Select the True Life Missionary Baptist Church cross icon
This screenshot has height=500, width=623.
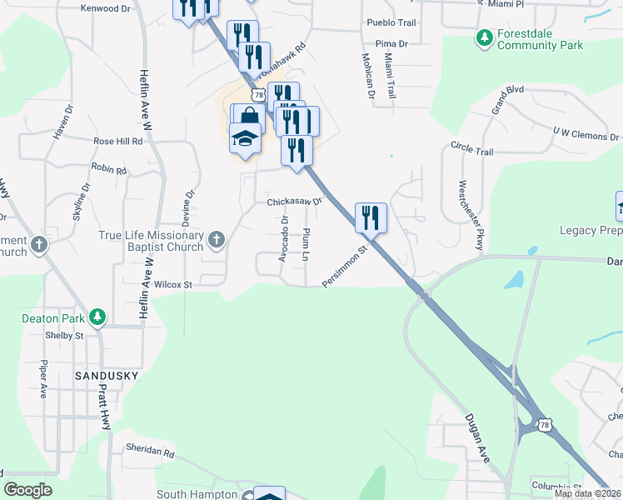point(217,240)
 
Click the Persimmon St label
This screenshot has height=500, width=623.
point(346,267)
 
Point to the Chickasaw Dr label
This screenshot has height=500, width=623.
point(294,202)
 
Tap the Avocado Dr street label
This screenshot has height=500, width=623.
point(285,239)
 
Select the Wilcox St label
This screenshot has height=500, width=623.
point(173,284)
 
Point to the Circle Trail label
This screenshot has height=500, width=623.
point(472,149)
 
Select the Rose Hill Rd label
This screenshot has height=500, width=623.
point(118,142)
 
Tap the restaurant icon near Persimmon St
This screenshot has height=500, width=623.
point(371,217)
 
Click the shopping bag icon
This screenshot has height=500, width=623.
point(249,117)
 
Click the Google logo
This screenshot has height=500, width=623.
point(27,490)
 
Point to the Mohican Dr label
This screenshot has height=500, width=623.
point(366,76)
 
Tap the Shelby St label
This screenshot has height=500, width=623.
point(67,336)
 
